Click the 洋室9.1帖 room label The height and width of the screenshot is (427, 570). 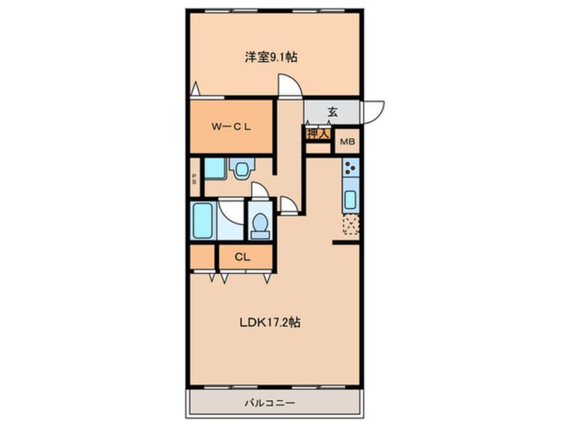tap(271, 57)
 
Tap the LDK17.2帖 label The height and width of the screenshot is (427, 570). tap(270, 323)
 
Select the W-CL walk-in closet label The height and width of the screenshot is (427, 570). tap(231, 127)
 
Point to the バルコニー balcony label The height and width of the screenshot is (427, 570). tap(270, 403)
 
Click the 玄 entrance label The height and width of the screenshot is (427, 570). tap(332, 112)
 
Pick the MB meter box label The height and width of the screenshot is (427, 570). tap(347, 141)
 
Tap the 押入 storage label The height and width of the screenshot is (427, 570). tap(318, 134)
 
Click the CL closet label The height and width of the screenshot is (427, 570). tap(243, 257)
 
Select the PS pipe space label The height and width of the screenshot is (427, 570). tap(194, 178)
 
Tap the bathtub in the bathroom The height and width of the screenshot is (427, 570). tap(202, 221)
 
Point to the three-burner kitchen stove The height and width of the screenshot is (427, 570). tap(350, 168)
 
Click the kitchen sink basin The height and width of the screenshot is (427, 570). tap(350, 199)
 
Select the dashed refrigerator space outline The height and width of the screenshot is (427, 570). tap(351, 224)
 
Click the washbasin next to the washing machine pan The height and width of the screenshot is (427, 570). tap(241, 168)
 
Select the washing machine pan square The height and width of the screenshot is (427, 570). tap(215, 168)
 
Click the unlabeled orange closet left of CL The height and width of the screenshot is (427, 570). tap(202, 257)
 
